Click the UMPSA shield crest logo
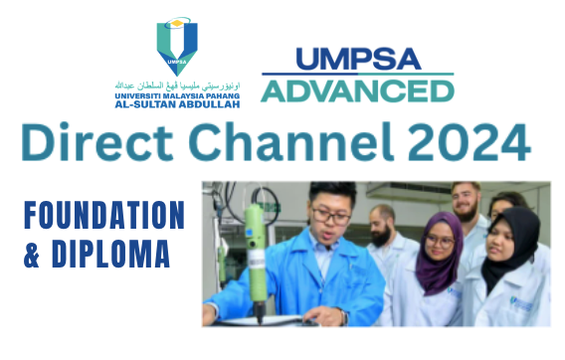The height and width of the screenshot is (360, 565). [177, 46]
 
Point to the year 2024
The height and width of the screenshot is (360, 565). [464, 144]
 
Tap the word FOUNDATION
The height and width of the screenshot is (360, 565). [104, 216]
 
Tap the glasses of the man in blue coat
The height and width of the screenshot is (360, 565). [330, 213]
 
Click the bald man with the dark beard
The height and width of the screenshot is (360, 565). [384, 226]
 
